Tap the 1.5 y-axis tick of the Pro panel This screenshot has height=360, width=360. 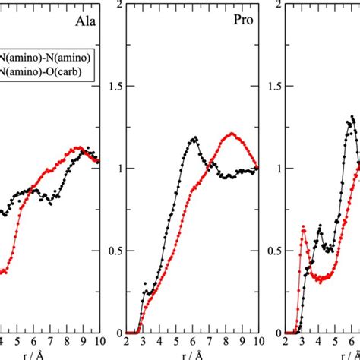[116, 86]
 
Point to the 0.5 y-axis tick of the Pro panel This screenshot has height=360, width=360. [116, 251]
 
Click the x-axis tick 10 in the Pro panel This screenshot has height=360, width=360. [257, 342]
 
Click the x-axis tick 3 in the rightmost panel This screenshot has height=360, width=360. [302, 342]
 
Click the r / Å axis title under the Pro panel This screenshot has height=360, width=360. [192, 354]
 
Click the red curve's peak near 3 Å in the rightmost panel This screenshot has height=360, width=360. [303, 227]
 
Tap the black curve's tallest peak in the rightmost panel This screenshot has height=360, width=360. [352, 117]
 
